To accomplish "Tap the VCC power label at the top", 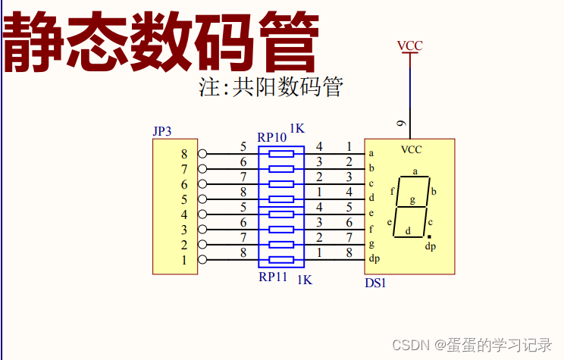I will coord(410,46).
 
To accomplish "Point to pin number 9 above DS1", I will coord(402,124).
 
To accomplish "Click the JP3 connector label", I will coord(162,131).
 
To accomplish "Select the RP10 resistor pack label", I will coord(271,137).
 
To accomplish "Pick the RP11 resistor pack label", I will coord(273,277).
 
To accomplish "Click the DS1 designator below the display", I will coord(375,283).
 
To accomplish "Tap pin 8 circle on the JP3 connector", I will coord(202,153).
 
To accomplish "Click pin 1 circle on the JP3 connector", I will coord(202,260).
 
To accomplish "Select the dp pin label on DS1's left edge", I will coord(374,259).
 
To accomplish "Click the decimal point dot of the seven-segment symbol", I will coord(429,236).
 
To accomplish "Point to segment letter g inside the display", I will coord(412,200).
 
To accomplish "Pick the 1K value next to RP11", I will coord(304,280).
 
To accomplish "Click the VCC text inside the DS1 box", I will coord(411,149).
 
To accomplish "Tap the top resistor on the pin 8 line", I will coord(281,153).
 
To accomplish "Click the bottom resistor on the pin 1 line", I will coord(281,260).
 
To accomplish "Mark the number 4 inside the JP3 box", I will coord(183,214).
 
